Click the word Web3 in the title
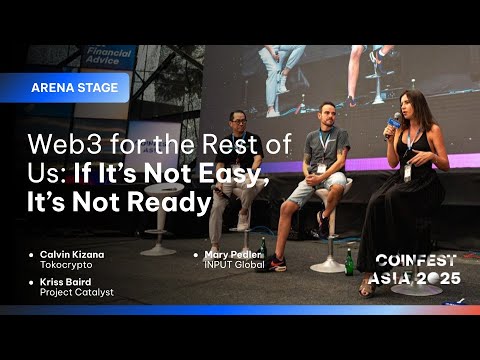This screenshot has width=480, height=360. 60,145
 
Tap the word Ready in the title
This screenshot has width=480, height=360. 178,203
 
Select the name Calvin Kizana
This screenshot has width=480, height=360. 72,255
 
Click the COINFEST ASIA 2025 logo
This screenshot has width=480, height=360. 417,268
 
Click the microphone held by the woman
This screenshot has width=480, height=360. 392,124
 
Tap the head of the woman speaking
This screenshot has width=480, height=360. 412,105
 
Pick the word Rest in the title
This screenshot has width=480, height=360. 212,145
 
